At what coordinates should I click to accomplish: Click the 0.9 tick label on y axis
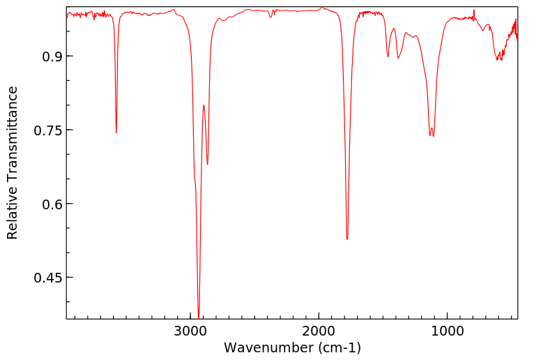pos(43,57)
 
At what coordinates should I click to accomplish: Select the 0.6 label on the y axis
pos(43,204)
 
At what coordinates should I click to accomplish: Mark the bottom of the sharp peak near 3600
pos(116,133)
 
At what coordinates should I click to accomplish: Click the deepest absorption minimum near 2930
pos(199,317)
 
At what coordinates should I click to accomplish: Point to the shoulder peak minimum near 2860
pos(208,164)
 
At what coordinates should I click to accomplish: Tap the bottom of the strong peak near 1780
pos(347,239)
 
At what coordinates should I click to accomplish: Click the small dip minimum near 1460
pos(388,57)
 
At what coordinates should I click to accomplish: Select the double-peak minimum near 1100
pos(434,136)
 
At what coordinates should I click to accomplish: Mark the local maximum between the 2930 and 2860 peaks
pos(204,105)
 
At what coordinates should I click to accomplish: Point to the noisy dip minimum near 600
pos(498,60)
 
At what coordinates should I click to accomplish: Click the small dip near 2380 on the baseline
pos(270,16)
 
